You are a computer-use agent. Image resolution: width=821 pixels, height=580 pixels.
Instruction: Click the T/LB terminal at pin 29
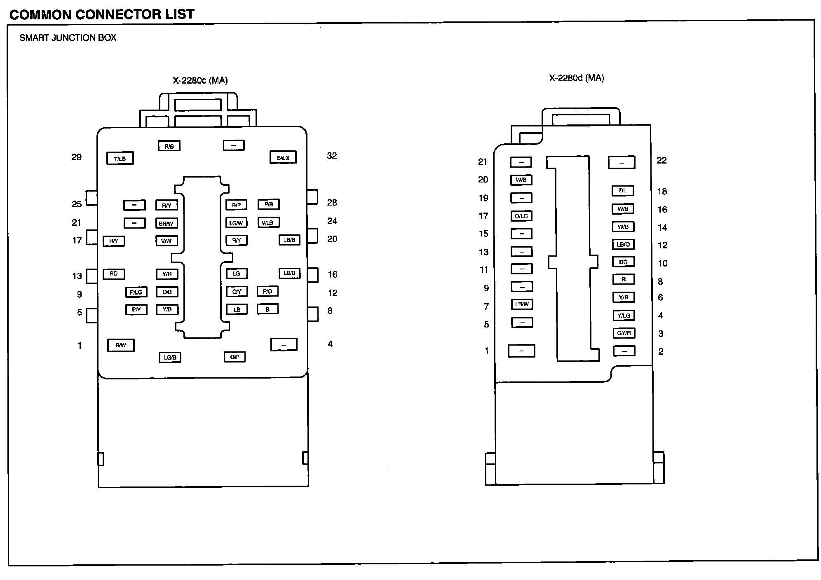click(x=120, y=159)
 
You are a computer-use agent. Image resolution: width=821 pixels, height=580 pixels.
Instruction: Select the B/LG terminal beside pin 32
click(x=283, y=157)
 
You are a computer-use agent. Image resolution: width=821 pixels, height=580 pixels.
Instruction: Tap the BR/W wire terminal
click(x=167, y=223)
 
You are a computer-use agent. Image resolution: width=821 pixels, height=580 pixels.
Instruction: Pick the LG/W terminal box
click(x=237, y=223)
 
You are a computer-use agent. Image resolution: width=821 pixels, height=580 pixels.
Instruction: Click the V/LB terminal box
click(x=268, y=222)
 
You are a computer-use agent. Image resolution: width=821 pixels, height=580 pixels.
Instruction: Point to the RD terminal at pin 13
click(x=114, y=274)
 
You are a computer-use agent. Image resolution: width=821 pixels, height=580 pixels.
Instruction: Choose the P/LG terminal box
click(x=136, y=292)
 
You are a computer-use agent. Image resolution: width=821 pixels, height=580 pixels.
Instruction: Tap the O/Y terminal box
click(x=237, y=292)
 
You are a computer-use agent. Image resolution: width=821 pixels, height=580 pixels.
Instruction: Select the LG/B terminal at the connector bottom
click(x=170, y=357)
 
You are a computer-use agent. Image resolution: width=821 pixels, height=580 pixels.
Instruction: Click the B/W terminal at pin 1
click(x=121, y=345)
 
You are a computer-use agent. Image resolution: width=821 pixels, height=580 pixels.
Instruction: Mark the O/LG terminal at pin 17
click(x=521, y=216)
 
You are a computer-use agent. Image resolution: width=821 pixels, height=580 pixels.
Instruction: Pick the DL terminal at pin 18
click(x=623, y=191)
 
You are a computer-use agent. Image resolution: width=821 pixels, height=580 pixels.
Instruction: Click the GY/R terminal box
click(x=624, y=333)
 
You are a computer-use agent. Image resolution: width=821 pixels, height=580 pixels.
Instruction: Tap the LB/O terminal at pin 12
click(x=623, y=244)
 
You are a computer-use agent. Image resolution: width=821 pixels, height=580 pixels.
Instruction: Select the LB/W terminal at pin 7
click(x=522, y=304)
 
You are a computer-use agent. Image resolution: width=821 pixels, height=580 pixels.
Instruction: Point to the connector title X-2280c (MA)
click(x=200, y=80)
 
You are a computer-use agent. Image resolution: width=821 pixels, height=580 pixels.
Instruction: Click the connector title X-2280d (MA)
click(x=576, y=78)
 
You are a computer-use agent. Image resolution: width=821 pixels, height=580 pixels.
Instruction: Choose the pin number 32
click(x=332, y=156)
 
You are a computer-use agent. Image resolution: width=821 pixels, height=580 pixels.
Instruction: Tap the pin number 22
click(x=661, y=160)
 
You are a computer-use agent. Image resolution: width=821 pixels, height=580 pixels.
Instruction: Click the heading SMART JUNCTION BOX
click(x=68, y=38)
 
